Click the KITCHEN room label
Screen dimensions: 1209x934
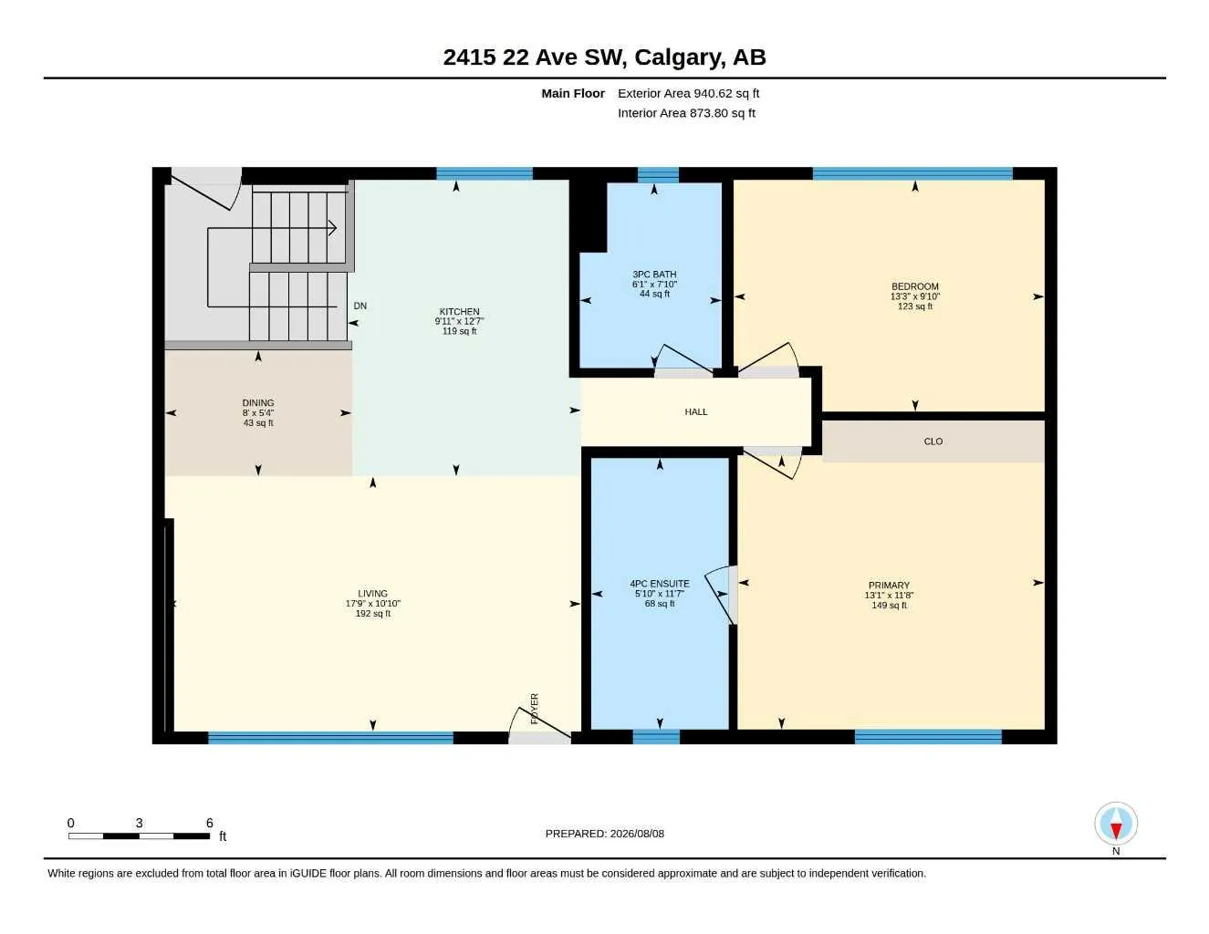click(459, 311)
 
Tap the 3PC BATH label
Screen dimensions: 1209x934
click(654, 274)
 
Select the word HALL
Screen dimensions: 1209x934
click(696, 412)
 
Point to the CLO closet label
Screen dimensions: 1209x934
click(933, 441)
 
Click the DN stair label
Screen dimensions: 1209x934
click(360, 306)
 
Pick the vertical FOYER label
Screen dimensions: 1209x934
click(535, 709)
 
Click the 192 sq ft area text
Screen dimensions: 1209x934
click(373, 614)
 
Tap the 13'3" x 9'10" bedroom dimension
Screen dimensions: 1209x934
click(914, 296)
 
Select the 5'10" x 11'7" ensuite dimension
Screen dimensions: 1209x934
click(660, 594)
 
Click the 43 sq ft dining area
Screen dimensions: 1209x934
click(258, 423)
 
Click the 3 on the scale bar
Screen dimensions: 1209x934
click(139, 823)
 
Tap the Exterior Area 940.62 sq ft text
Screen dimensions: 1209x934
click(688, 93)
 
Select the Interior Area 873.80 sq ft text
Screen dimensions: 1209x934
click(686, 113)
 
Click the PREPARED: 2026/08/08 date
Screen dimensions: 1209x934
click(605, 834)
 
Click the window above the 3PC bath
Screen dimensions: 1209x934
click(658, 174)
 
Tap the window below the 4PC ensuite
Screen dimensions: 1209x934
click(656, 737)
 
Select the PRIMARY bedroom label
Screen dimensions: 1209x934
click(889, 586)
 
